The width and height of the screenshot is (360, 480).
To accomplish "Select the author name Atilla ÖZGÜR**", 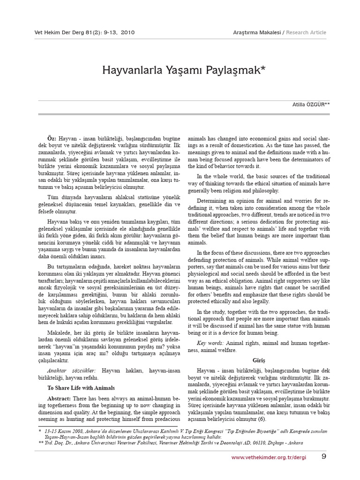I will coord(311,105).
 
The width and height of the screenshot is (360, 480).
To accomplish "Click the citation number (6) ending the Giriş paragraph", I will coord(262,419).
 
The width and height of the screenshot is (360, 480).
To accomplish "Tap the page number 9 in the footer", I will coord(324,457).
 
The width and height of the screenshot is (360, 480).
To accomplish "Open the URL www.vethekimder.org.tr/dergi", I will coord(269,457).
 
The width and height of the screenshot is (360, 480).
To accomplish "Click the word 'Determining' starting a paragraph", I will coord(213,200).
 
